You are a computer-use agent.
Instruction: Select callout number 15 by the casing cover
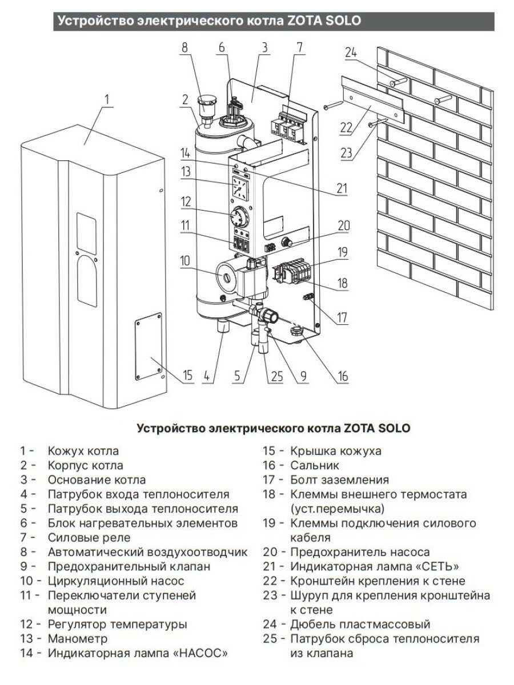[x=188, y=375]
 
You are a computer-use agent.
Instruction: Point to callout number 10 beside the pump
[x=184, y=261]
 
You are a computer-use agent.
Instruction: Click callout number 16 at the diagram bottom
[x=343, y=376]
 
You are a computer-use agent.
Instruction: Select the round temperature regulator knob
[x=239, y=218]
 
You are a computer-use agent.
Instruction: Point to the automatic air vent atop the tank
[x=205, y=106]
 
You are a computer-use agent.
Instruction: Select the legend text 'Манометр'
[x=78, y=639]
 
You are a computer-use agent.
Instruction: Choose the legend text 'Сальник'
[x=315, y=465]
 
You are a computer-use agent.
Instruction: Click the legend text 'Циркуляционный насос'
[x=116, y=581]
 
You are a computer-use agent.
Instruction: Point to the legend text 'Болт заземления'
[x=339, y=479]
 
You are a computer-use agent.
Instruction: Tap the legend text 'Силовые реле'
[x=89, y=538]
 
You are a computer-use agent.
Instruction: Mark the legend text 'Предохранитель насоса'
[x=360, y=552]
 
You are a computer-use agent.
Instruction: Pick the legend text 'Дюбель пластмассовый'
[x=360, y=624]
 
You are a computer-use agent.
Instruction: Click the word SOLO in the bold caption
[x=392, y=428]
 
